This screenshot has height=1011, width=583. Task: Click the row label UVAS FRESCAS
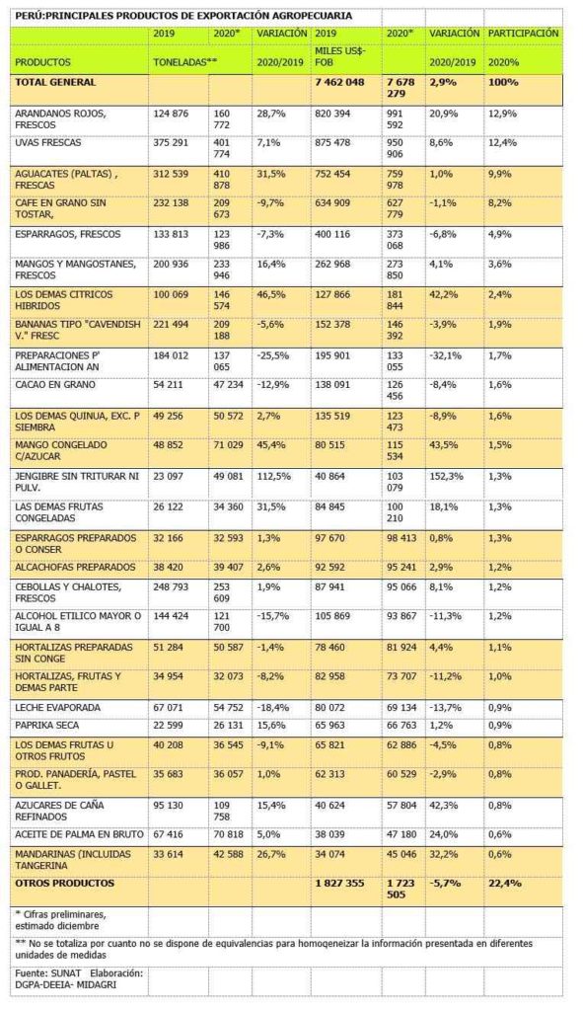[x=48, y=142]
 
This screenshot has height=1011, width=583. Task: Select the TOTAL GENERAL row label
[x=55, y=82]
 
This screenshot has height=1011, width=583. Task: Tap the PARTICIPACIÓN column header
[x=524, y=33]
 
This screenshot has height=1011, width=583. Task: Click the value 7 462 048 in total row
[x=339, y=82]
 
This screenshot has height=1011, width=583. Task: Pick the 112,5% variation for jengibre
[x=273, y=477]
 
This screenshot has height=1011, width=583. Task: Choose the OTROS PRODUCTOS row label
[x=64, y=884]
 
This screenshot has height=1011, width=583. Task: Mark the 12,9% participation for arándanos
[x=502, y=114]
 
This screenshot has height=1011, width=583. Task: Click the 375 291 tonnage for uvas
[x=171, y=142]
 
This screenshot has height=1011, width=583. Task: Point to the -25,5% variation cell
[x=273, y=355]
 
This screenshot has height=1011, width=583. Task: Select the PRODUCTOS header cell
[x=43, y=62]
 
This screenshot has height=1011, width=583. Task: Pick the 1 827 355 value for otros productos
[x=340, y=884]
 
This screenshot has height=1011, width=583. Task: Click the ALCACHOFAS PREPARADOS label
[x=75, y=568]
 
